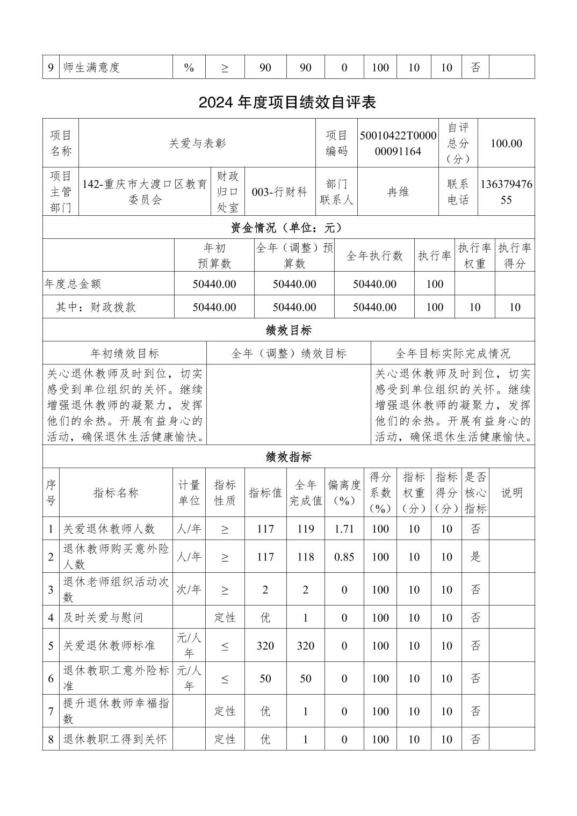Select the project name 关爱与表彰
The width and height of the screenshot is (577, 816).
pos(197,143)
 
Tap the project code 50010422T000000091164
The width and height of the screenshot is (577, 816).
pos(398,143)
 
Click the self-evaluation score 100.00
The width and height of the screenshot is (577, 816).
pos(506,143)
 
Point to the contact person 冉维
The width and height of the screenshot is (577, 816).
pos(398,192)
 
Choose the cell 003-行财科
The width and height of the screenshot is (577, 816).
pos(279,192)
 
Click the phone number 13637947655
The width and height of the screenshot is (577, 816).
pos(506,192)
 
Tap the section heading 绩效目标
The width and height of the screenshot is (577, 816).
pos(288,330)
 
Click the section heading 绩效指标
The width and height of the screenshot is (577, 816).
pos(288,457)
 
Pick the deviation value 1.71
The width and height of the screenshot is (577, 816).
pos(344,529)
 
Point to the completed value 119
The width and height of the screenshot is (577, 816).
pos(305,529)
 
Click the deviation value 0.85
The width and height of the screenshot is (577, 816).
pos(344,557)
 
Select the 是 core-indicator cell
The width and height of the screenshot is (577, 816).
pos(475,557)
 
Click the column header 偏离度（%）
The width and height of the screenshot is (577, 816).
pos(344,493)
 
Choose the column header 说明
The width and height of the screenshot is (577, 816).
pos(511,493)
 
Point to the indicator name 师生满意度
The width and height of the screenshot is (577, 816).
pos(91,68)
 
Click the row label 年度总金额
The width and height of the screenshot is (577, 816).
pos(73,284)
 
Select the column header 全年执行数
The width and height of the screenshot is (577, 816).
pos(374,256)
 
